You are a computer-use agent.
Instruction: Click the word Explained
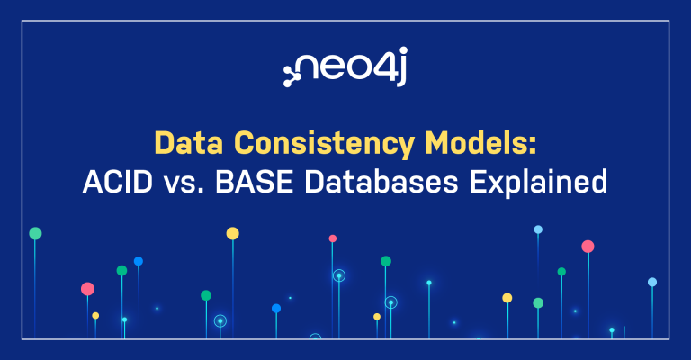point(543,183)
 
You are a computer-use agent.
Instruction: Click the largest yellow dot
point(232,233)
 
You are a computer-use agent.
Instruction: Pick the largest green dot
point(35,233)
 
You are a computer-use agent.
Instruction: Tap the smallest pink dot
point(332,238)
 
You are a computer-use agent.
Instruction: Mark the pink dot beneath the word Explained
point(588,246)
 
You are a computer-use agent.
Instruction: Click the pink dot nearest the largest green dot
point(87,289)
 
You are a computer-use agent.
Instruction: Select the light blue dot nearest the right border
point(652,282)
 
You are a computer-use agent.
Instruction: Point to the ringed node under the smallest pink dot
point(338,276)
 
